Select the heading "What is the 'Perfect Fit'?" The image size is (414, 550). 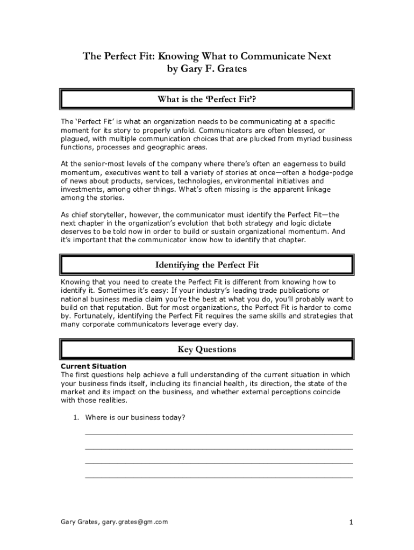pyautogui.click(x=207, y=99)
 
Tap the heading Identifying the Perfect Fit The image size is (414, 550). pyautogui.click(x=207, y=265)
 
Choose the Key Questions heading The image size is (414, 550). pyautogui.click(x=207, y=350)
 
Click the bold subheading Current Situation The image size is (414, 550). pyautogui.click(x=94, y=366)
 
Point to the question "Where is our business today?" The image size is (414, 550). pyautogui.click(x=135, y=417)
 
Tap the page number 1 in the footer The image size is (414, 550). pyautogui.click(x=351, y=522)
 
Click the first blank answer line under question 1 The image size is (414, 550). pyautogui.click(x=219, y=433)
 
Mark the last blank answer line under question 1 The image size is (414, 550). pyautogui.click(x=219, y=476)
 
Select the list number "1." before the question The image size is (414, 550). pyautogui.click(x=76, y=417)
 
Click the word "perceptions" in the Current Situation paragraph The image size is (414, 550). pyautogui.click(x=288, y=392)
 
